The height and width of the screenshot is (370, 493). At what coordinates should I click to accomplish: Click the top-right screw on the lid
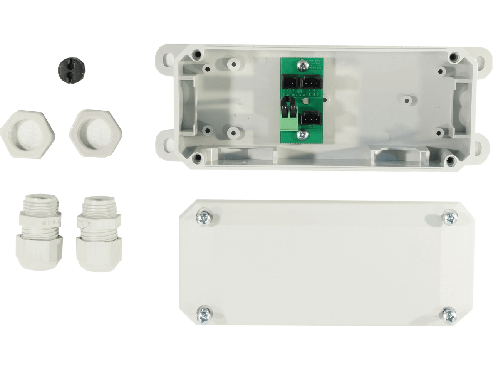pos(449,218)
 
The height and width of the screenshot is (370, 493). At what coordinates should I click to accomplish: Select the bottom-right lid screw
pos(449,315)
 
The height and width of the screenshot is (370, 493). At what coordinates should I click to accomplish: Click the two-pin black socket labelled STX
pos(290,82)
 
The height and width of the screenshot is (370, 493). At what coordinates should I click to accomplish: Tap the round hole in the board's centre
pos(305,101)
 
